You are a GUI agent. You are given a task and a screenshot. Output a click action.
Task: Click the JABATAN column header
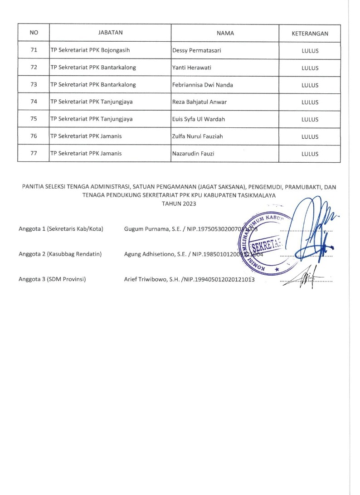[111, 33]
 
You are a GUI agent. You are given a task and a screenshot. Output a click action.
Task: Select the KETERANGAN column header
[310, 33]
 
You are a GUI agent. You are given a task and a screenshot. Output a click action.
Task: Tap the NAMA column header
[224, 33]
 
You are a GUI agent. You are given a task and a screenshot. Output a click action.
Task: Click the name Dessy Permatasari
[197, 51]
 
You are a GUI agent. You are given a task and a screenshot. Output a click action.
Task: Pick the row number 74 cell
[34, 102]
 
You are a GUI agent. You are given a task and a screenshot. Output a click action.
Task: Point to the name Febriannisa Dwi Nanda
[203, 85]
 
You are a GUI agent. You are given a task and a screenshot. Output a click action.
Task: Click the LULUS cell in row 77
[310, 154]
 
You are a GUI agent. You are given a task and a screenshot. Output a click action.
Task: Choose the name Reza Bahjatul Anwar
[199, 102]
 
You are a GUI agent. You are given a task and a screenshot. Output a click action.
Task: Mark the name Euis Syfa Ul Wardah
[199, 119]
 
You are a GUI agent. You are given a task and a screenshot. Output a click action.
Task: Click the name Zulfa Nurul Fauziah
[198, 136]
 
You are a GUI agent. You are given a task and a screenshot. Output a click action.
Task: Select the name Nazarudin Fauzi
[193, 154]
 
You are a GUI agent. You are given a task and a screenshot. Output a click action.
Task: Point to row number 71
[34, 50]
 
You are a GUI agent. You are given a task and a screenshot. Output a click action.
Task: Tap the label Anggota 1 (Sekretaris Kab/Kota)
[61, 229]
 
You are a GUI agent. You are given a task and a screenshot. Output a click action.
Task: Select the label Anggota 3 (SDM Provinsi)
[52, 279]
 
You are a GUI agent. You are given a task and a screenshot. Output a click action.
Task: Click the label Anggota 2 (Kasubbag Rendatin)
[60, 254]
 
